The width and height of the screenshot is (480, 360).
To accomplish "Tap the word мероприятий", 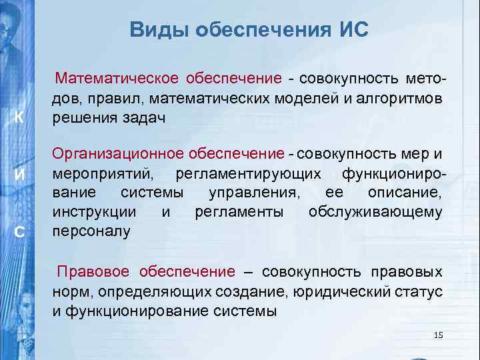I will [x=105, y=174].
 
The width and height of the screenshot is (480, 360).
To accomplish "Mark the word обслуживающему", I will [x=375, y=212].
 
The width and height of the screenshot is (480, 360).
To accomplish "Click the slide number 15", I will [x=438, y=335].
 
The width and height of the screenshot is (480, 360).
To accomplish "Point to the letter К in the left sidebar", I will [x=20, y=117].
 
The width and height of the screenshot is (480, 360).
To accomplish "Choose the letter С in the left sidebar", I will [x=20, y=231].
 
